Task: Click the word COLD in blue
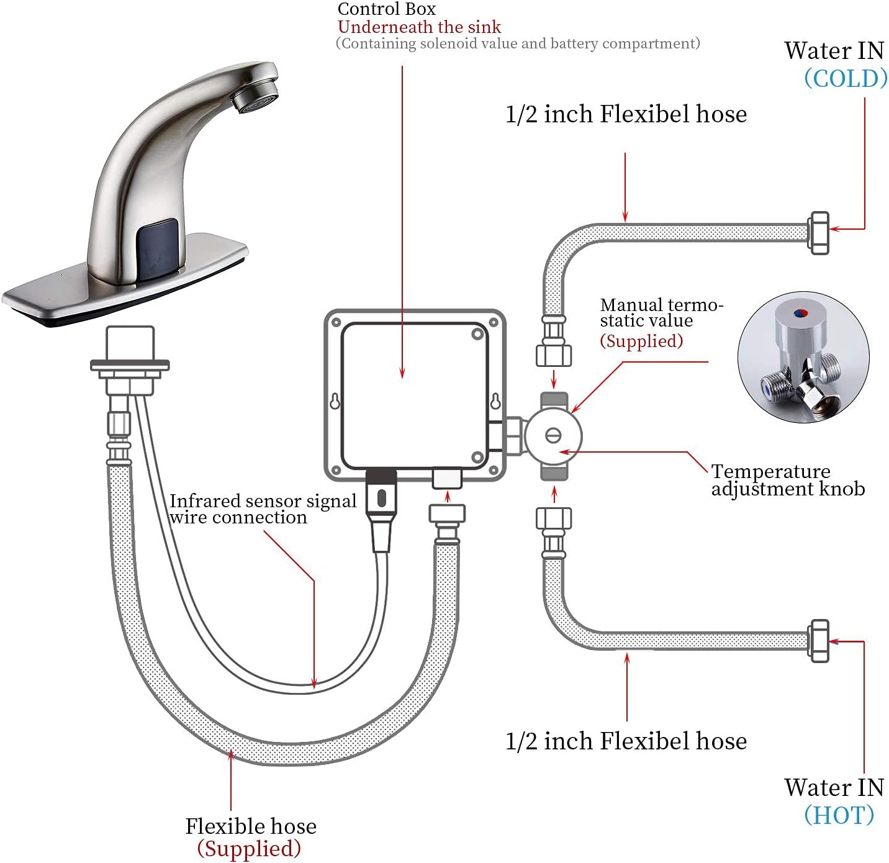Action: tap(846, 79)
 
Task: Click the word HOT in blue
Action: tap(839, 815)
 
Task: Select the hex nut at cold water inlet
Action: tap(818, 233)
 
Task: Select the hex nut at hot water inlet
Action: tap(819, 640)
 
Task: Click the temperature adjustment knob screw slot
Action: tap(553, 436)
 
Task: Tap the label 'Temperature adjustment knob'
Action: tap(787, 480)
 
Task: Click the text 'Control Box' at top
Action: tap(386, 9)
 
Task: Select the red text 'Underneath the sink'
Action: tap(419, 27)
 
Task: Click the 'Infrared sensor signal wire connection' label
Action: tap(262, 509)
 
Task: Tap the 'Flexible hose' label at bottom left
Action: tap(250, 826)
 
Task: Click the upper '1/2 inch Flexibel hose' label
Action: tap(626, 114)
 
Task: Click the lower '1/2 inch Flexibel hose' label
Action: tap(626, 741)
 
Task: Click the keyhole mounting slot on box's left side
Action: tap(335, 402)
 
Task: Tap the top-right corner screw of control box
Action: tap(494, 322)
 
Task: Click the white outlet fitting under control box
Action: tap(447, 478)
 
